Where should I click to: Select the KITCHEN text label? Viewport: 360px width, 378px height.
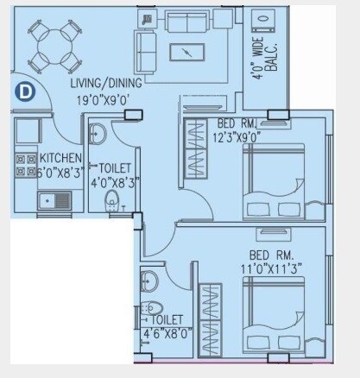pyautogui.click(x=60, y=159)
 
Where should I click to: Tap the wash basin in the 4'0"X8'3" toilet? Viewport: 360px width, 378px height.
pyautogui.click(x=97, y=135)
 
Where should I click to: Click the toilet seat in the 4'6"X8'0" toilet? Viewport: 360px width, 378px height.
pyautogui.click(x=153, y=308)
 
